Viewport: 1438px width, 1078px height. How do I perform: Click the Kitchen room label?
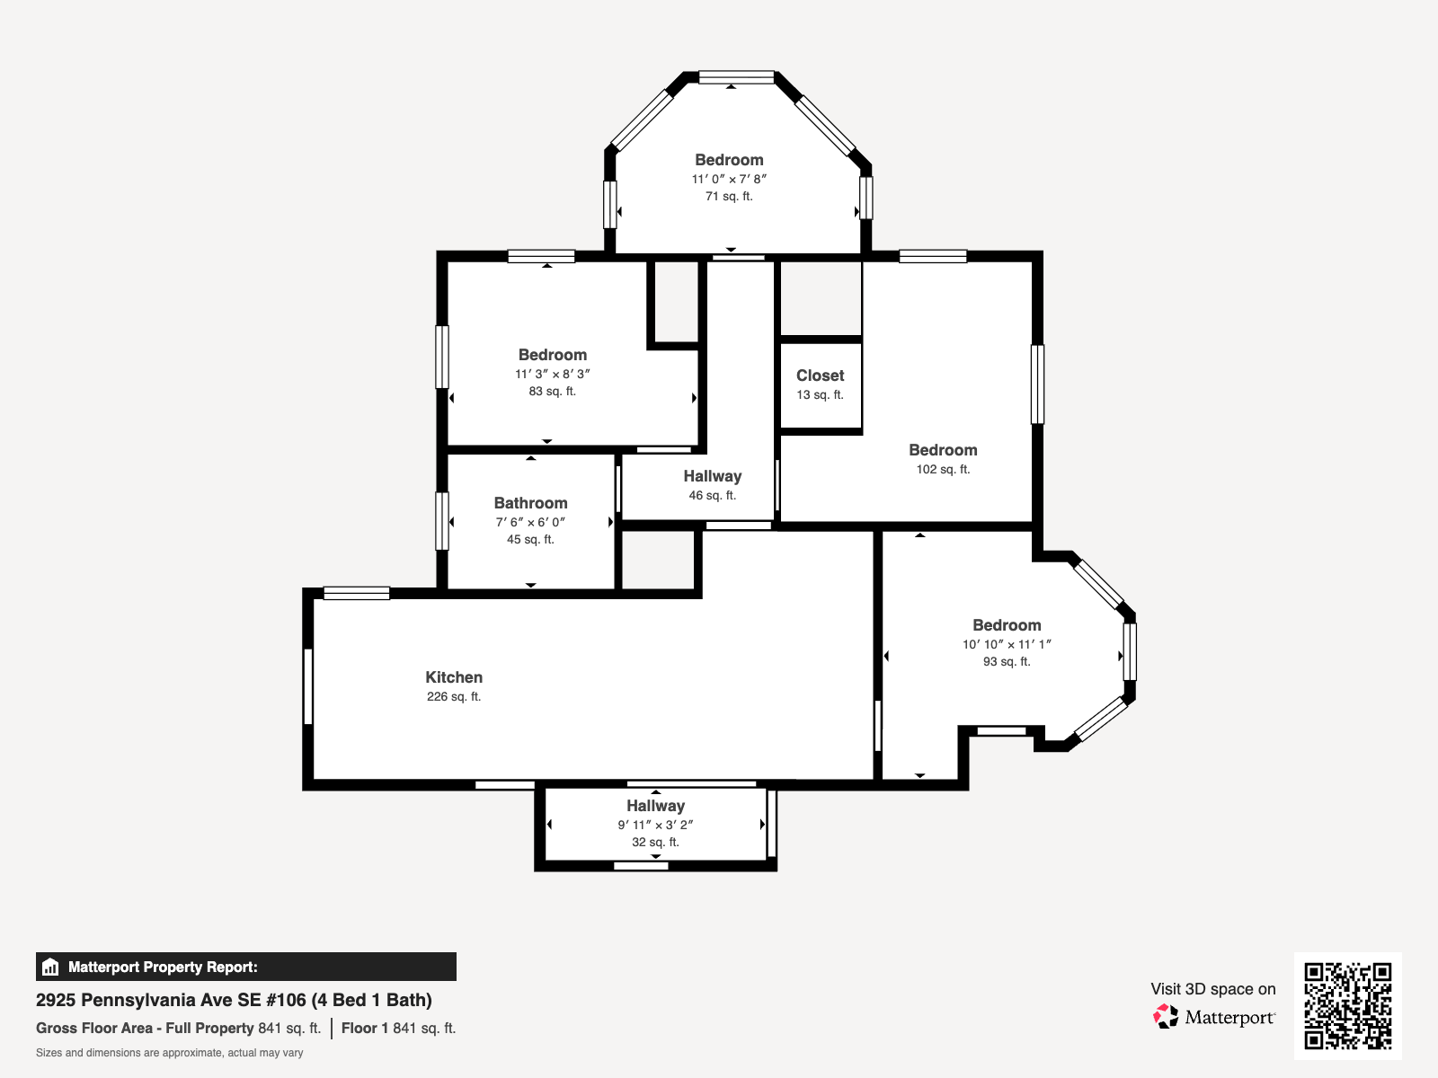[x=453, y=677]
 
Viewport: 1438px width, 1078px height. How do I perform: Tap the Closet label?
[x=820, y=376]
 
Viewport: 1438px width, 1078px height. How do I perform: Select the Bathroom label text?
[x=530, y=503]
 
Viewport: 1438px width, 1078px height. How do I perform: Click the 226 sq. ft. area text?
[x=453, y=697]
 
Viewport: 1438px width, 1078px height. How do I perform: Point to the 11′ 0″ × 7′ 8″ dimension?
[x=729, y=179]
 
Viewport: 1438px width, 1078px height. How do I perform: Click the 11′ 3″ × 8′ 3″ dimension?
[x=552, y=374]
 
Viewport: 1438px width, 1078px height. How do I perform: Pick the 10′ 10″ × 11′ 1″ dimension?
[x=1007, y=644]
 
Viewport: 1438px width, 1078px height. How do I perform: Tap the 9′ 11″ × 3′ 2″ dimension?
[x=655, y=825]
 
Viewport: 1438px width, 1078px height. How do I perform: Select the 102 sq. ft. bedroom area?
[x=943, y=469]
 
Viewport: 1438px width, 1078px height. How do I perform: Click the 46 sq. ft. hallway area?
[x=712, y=496]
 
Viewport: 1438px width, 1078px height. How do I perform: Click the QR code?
[x=1347, y=1006]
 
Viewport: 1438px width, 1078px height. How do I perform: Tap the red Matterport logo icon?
[x=1165, y=1017]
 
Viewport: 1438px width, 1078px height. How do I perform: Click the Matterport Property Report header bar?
[x=245, y=967]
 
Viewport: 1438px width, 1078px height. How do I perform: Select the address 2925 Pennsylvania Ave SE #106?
[x=171, y=1000]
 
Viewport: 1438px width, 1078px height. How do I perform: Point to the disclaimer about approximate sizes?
[x=169, y=1053]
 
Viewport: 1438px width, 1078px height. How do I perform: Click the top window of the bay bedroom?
[x=736, y=77]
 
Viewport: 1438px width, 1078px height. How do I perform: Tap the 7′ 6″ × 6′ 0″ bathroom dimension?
[x=530, y=522]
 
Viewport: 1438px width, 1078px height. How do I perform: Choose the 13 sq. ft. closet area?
[x=820, y=395]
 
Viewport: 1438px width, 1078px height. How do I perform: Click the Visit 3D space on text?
[x=1212, y=989]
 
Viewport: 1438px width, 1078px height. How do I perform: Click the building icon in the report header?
[x=50, y=967]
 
